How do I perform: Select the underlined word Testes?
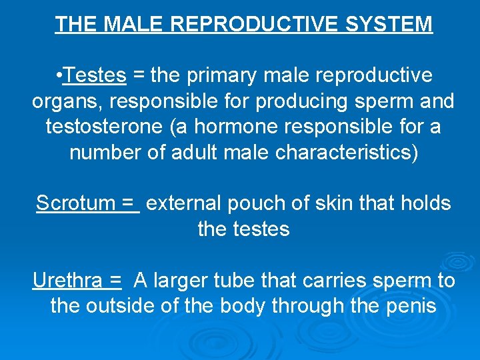[95, 76]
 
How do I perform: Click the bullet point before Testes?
[60, 76]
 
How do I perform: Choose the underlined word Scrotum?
[75, 203]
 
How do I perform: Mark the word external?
[183, 203]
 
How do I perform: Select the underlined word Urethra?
[67, 281]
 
